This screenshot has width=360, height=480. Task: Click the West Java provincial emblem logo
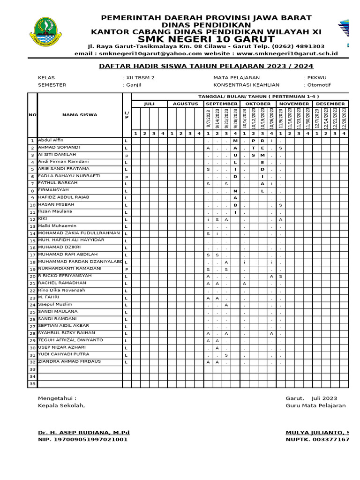pyautogui.click(x=47, y=34)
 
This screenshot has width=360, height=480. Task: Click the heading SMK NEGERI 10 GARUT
pyautogui.click(x=207, y=38)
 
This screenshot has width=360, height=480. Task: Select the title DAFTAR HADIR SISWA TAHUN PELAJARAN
pyautogui.click(x=206, y=66)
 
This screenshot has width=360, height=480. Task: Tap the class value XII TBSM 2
pyautogui.click(x=140, y=78)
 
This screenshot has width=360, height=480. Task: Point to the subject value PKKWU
pyautogui.click(x=317, y=78)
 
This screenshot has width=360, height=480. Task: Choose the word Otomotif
pyautogui.click(x=319, y=85)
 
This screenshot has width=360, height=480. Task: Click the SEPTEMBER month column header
pyautogui.click(x=221, y=104)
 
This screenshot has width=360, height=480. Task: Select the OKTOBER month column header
pyautogui.click(x=258, y=104)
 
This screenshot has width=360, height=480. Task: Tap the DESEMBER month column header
pyautogui.click(x=330, y=104)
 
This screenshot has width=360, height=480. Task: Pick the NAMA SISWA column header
pyautogui.click(x=79, y=114)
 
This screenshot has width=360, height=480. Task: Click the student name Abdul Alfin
pyautogui.click(x=51, y=140)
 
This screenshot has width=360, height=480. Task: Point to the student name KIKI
pyautogui.click(x=43, y=218)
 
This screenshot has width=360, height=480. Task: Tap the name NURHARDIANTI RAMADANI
pyautogui.click(x=69, y=269)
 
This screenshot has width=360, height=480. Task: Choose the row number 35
pyautogui.click(x=32, y=384)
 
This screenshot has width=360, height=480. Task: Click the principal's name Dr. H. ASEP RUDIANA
pyautogui.click(x=83, y=432)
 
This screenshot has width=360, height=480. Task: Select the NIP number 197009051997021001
pyautogui.click(x=83, y=440)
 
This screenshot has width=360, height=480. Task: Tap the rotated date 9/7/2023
pyautogui.click(x=208, y=119)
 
